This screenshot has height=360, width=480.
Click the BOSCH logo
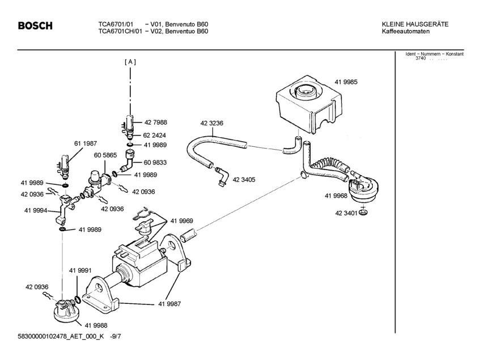(35, 26)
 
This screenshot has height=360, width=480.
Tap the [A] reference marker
(130, 62)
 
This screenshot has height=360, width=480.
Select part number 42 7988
(156, 122)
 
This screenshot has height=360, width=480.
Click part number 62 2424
(154, 135)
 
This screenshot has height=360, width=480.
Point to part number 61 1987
(86, 143)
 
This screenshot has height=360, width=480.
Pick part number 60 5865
(105, 155)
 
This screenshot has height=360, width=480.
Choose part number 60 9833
(155, 163)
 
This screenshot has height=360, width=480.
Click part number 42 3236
(212, 123)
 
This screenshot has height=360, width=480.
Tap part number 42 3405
(244, 180)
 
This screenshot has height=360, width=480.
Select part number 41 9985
(346, 82)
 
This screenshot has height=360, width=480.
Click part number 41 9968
(336, 196)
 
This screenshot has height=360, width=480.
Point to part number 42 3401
(346, 213)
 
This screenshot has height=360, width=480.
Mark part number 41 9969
(182, 221)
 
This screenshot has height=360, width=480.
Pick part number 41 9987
(169, 304)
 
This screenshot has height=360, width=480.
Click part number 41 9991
(80, 270)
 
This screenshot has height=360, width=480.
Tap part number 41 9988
(96, 325)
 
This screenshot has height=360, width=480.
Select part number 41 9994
(36, 210)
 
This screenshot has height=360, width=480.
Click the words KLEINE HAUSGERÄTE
(415, 24)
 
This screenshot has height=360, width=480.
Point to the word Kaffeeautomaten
(406, 31)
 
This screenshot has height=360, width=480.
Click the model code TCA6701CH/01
(120, 31)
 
